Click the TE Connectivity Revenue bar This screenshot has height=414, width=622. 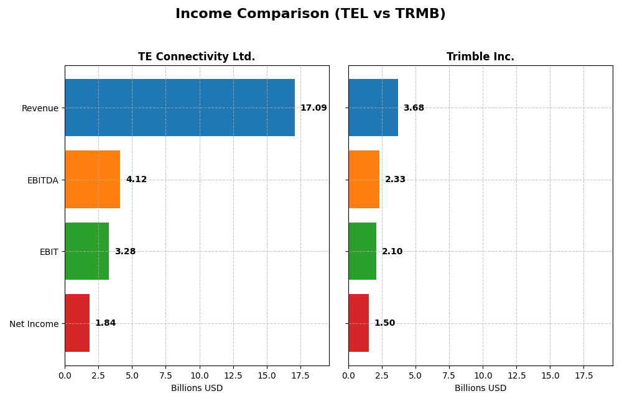pos(180,108)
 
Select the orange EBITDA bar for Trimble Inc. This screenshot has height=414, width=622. pos(364,179)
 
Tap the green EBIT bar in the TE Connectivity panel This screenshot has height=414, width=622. pos(86,251)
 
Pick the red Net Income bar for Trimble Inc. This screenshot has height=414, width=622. pos(358,323)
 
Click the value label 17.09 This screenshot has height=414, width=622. pos(313,108)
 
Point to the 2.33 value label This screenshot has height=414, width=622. pos(395,180)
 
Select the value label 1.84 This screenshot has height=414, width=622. pos(105,323)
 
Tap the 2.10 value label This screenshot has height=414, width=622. pos(392,252)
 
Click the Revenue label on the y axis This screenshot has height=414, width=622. pos(40,108)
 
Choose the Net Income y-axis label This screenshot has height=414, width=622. pos(34,324)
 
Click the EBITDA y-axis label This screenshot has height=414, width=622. pos(42,180)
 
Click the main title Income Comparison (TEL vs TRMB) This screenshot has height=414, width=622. pos(310,14)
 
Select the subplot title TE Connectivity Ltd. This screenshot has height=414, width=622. pos(197,57)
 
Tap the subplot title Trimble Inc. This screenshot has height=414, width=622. pos(480,57)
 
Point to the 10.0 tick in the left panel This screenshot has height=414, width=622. pos(200,376)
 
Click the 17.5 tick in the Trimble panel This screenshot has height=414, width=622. pos(583,376)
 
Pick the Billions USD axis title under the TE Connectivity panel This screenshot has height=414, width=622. pos(197,389)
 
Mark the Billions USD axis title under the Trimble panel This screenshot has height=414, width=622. pos(480,389)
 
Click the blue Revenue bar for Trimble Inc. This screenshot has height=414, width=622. pos(373,108)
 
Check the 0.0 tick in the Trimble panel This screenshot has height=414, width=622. pos(348,376)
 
